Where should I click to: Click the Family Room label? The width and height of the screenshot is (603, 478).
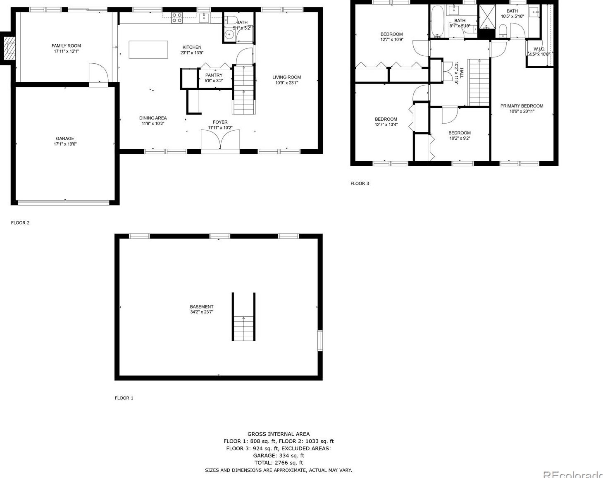66,46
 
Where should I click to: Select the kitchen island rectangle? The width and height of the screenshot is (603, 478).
148,50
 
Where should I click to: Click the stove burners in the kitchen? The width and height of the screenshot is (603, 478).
177,17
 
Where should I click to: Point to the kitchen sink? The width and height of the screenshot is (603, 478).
204,17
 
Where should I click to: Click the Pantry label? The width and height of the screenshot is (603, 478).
214,75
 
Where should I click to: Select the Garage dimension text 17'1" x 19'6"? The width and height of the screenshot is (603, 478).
65,144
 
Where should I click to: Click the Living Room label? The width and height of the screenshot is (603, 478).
286,77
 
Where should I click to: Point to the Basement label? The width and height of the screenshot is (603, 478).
202,307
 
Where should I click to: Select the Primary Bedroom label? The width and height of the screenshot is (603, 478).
522,106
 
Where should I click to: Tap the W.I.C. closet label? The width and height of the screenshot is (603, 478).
539,49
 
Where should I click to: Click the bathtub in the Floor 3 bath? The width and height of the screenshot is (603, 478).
437,21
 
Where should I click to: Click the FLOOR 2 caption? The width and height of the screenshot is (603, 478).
20,223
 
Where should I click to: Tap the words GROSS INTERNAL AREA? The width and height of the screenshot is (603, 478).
278,434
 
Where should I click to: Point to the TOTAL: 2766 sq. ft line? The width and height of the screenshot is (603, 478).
278,463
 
